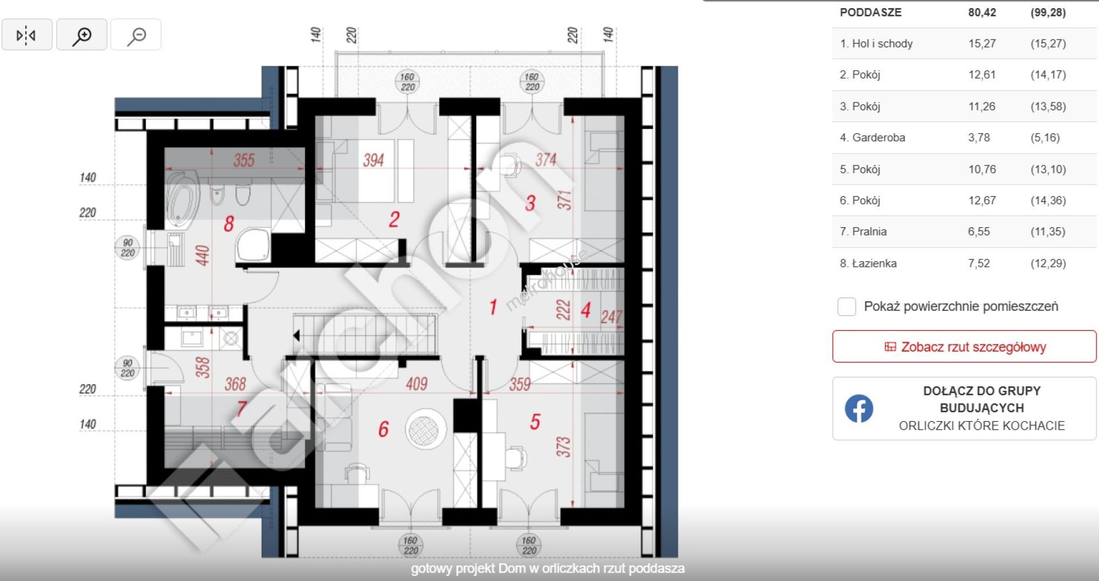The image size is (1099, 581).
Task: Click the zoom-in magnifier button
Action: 82,35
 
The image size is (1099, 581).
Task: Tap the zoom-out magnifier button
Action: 136,35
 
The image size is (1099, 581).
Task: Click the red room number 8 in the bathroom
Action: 229,223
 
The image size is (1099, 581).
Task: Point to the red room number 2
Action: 394,219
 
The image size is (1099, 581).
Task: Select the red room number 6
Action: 384,429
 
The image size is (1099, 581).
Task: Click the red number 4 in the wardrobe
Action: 586,310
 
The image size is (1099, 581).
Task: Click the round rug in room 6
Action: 426,428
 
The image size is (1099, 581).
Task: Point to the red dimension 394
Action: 373,160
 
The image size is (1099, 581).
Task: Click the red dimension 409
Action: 417,384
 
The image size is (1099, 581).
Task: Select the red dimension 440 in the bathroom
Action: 203,255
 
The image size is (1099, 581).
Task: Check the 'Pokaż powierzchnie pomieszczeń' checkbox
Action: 847,307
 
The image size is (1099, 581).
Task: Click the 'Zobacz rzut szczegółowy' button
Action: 964,346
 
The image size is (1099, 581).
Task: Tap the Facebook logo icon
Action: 859,409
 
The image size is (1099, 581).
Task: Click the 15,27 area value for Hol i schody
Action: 982,44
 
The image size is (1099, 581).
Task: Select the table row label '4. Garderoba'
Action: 872,137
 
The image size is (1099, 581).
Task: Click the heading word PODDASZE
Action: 871,12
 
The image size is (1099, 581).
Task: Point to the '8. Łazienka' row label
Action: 868,263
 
